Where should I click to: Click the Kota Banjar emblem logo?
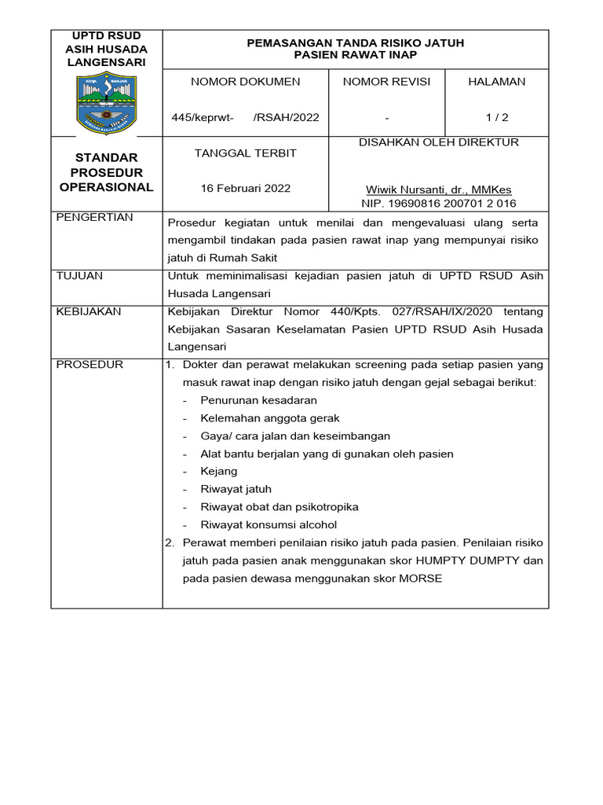coord(107,103)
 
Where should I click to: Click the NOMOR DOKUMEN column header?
coord(245,82)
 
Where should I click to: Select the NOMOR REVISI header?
coord(386,82)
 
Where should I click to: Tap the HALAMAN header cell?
coord(496,82)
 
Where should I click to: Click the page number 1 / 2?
coord(496,118)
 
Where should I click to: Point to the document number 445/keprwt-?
coord(203,118)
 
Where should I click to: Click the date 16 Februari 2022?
coord(245,189)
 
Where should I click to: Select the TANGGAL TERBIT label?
coord(245,153)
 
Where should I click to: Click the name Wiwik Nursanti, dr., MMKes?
coord(437,190)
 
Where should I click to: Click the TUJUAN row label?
coord(80,276)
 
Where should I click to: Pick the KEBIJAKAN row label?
coord(89,311)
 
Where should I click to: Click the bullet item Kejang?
coord(219,472)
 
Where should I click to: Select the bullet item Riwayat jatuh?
coord(236,489)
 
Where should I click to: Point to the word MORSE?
coord(422,579)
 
